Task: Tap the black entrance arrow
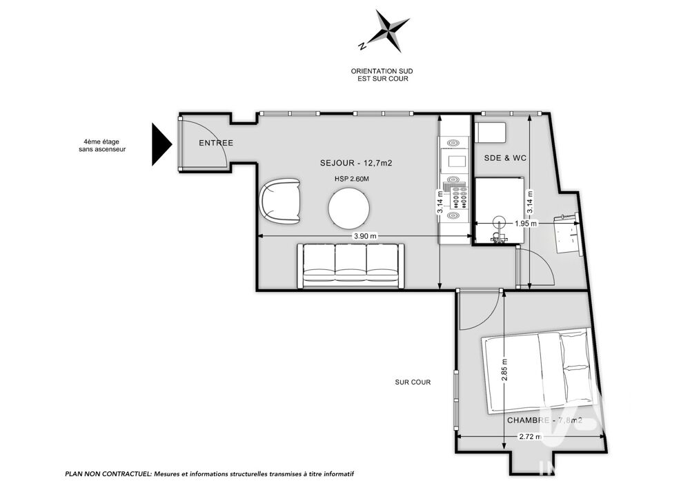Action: [161, 144]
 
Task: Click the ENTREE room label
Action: [216, 143]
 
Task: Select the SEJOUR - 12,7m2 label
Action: [356, 163]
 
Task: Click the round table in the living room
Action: [350, 208]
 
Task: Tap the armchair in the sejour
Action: [281, 200]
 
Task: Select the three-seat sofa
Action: [351, 266]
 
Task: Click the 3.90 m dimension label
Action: [366, 236]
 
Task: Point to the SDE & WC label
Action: [505, 158]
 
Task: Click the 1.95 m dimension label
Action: [526, 224]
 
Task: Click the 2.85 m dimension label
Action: [504, 370]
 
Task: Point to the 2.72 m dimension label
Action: [530, 437]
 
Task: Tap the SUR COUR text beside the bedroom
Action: [413, 382]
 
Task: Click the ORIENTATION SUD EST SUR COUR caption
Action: [382, 75]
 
